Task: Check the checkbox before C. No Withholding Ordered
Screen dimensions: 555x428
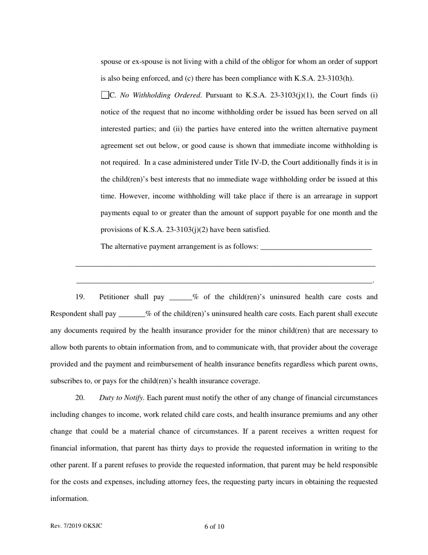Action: pos(105,95)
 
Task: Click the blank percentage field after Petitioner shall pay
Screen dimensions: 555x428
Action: pos(180,297)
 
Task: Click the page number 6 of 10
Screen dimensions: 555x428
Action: pos(214,527)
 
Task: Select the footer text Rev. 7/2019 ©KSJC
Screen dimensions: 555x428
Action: pos(76,526)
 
